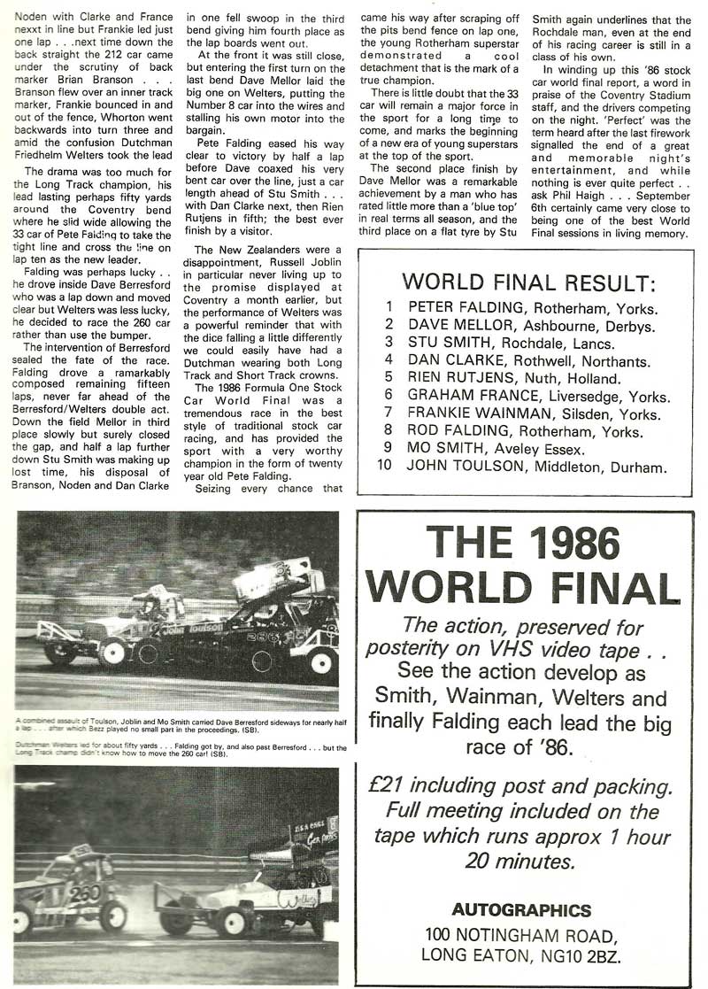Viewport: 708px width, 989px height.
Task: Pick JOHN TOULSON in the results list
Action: point(463,466)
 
